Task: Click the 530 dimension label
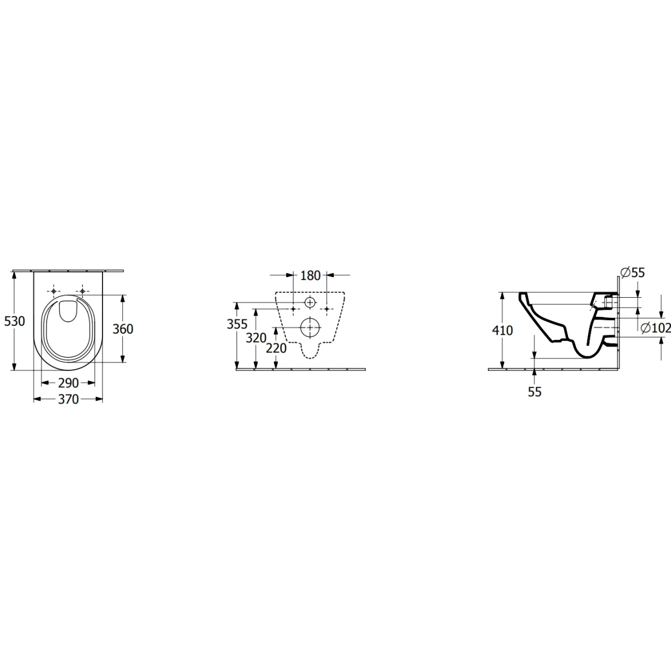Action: click(15, 321)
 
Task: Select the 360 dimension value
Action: click(123, 329)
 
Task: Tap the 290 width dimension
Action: click(68, 383)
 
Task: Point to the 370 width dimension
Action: click(68, 399)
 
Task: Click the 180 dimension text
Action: click(310, 275)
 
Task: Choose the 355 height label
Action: click(237, 325)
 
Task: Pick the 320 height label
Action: click(256, 338)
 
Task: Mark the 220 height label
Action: click(276, 348)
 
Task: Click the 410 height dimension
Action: click(502, 330)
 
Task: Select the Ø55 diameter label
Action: click(632, 273)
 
